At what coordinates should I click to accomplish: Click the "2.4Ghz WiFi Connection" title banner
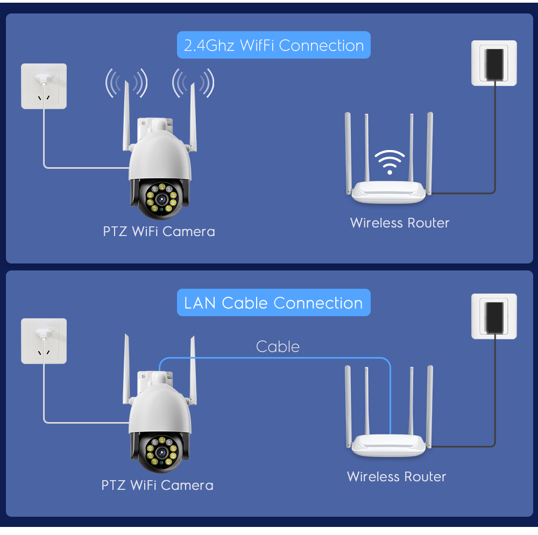point(274,46)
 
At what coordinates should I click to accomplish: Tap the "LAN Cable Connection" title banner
point(273,303)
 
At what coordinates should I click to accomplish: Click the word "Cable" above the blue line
point(278,347)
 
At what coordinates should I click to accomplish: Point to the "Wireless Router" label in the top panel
point(399,223)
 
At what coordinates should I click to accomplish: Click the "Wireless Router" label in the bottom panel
point(397,476)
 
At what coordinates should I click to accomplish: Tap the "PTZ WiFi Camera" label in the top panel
point(159,232)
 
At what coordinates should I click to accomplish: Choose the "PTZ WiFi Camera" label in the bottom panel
point(157,486)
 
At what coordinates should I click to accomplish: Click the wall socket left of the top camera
point(44,86)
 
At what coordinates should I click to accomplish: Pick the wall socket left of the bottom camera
point(44,340)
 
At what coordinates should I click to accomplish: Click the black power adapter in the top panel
point(494,62)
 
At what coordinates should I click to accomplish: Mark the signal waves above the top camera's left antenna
point(126,83)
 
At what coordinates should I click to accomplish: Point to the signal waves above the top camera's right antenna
point(193,83)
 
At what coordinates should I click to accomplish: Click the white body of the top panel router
point(389,192)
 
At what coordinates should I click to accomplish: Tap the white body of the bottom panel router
point(389,446)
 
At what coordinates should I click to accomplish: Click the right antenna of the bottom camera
point(193,371)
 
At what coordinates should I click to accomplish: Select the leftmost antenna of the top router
point(348,151)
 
